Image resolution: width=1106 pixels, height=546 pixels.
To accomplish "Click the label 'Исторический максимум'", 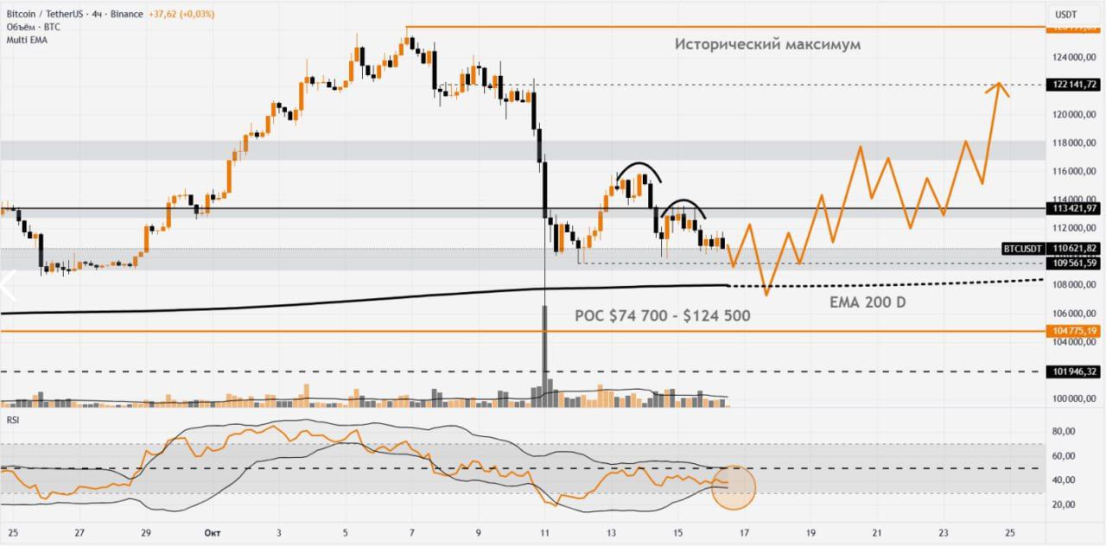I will [x=767, y=44].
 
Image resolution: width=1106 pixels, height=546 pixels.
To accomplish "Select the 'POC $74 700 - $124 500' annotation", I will [x=662, y=316].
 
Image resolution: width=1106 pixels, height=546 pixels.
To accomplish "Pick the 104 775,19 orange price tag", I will [x=1071, y=331].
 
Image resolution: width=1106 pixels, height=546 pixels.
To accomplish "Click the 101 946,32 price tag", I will [x=1071, y=371].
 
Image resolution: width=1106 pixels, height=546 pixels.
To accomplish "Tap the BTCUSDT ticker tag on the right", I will [x=1021, y=249].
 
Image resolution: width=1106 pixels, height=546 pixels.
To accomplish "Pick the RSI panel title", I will [x=12, y=420].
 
